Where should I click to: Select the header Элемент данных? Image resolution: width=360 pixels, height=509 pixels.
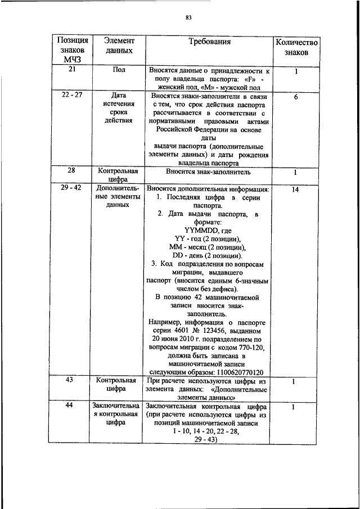(119, 46)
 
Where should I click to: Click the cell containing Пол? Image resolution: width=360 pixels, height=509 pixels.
(119, 70)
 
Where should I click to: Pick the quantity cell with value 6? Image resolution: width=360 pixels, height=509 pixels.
(296, 97)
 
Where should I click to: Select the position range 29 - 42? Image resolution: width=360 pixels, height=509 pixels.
(71, 187)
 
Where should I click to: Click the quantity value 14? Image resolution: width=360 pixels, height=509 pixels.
(296, 190)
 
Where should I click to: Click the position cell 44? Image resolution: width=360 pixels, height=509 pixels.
(71, 406)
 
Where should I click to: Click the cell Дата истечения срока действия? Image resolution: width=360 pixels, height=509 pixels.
(119, 107)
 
